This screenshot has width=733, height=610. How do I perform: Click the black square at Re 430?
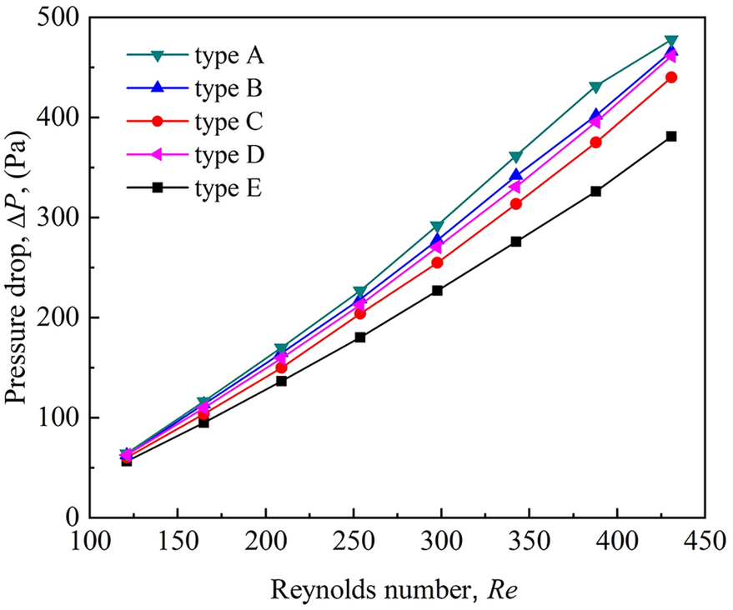click(x=670, y=136)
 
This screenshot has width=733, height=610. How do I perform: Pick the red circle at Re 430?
click(x=670, y=77)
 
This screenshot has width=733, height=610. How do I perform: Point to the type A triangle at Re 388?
click(x=595, y=87)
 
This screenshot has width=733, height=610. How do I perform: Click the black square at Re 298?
click(x=437, y=290)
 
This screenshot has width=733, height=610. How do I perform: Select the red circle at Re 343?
click(x=516, y=203)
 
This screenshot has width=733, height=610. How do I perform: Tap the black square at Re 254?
click(x=360, y=337)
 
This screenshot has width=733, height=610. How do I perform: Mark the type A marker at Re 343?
click(x=516, y=157)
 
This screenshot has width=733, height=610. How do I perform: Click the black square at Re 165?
click(x=203, y=422)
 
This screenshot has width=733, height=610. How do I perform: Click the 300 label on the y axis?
click(x=63, y=217)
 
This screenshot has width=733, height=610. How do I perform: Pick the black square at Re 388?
click(x=595, y=191)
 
